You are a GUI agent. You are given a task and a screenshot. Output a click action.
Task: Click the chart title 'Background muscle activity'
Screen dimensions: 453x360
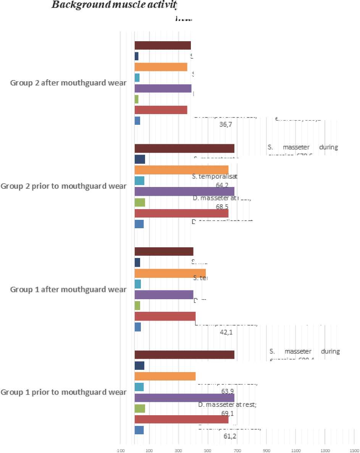pyautogui.click(x=115, y=5)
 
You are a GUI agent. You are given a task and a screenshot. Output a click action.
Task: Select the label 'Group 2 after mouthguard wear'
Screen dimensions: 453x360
pyautogui.click(x=68, y=83)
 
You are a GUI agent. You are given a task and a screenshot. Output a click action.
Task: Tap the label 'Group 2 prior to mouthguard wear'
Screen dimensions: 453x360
pyautogui.click(x=63, y=186)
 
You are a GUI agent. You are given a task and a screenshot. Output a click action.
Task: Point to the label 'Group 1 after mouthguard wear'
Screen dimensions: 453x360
pyautogui.click(x=68, y=289)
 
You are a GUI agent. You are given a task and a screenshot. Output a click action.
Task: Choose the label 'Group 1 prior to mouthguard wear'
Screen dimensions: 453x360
pyautogui.click(x=63, y=392)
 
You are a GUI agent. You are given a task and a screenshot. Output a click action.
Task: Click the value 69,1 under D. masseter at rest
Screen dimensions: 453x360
pyautogui.click(x=228, y=413)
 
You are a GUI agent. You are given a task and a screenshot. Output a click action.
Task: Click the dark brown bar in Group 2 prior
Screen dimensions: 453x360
pyautogui.click(x=184, y=148)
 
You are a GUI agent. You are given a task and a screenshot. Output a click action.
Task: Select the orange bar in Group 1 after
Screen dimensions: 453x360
pyautogui.click(x=170, y=273)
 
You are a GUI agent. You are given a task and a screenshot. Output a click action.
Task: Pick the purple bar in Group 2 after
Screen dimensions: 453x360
pyautogui.click(x=163, y=88)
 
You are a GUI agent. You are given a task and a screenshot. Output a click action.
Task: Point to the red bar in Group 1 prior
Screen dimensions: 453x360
pyautogui.click(x=181, y=419)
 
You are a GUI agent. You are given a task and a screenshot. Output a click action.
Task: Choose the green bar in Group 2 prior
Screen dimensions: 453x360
pyautogui.click(x=140, y=202)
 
